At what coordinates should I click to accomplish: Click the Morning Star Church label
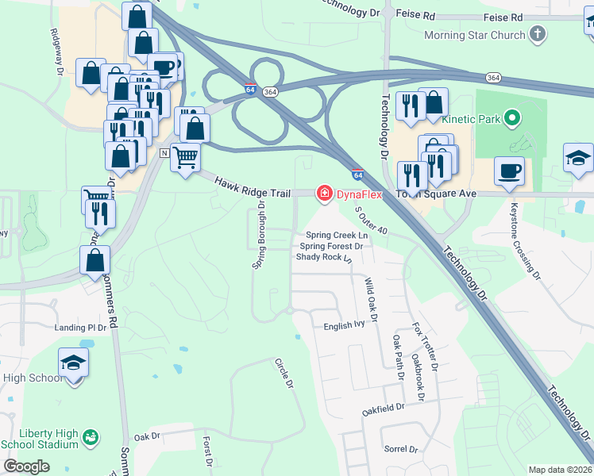coord(475,36)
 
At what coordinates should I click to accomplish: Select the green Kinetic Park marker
coord(512,119)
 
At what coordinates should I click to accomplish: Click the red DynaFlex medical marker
coord(324,193)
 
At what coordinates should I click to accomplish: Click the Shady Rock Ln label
coord(323,258)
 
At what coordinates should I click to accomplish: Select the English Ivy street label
coord(343,326)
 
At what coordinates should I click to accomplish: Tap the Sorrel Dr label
coord(399,450)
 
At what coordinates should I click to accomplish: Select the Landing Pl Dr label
coord(80,328)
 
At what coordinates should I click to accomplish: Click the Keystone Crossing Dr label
coord(525,249)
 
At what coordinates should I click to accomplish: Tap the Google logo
coord(26,466)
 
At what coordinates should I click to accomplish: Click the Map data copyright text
coord(560,470)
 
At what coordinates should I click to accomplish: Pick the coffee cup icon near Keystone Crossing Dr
coord(509,170)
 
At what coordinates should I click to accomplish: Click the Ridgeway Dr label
coord(56,52)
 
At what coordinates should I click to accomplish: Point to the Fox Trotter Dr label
coord(424,347)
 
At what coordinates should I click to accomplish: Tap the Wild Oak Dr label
coord(369,300)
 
